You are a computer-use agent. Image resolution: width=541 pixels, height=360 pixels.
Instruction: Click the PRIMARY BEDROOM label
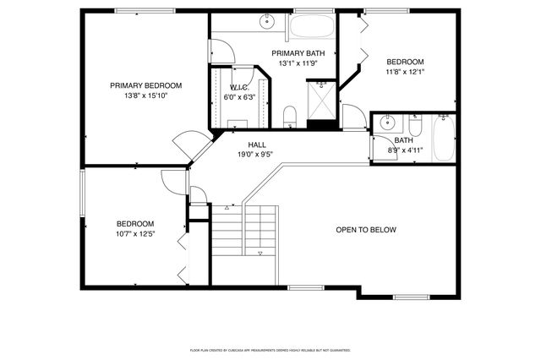click(145, 85)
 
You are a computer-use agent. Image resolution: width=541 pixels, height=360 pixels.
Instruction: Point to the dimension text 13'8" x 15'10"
click(145, 95)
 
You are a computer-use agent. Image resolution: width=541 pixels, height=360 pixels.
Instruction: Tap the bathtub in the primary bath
click(312, 25)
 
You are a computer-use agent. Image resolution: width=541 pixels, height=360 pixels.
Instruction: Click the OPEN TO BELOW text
click(365, 230)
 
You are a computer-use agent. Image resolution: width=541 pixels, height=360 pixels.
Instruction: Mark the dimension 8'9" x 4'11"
click(403, 150)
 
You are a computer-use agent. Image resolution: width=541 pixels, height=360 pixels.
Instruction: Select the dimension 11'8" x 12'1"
click(405, 72)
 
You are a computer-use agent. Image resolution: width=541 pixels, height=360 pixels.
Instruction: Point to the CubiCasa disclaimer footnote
click(270, 349)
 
